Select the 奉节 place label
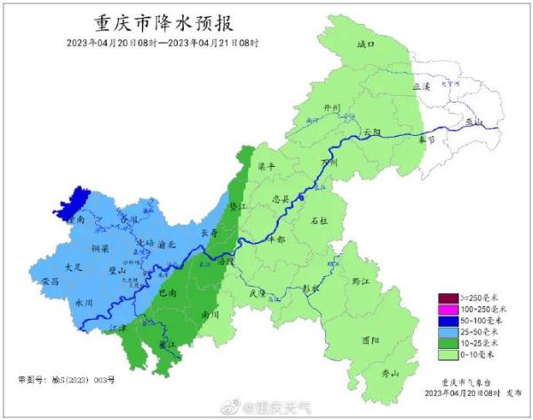point(427,139)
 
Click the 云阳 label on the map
point(371,131)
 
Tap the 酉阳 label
point(371,340)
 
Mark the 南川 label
point(211,313)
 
